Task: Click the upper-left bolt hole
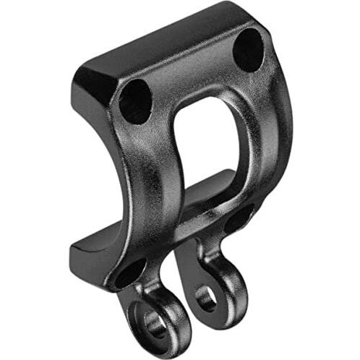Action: [135, 100]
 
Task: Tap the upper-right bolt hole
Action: [249, 49]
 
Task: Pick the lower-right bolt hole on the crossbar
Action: [239, 219]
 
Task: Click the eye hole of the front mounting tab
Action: [155, 322]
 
